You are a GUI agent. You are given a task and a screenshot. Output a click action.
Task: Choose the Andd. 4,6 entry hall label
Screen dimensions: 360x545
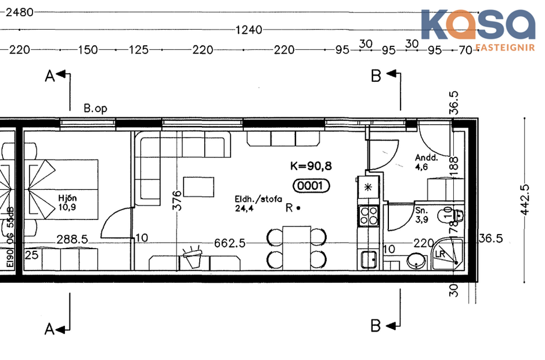coord(425,161)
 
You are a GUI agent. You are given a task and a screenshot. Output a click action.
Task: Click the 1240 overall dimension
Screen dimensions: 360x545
coord(249,30)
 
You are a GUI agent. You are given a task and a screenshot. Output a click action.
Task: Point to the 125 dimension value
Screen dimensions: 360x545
coord(139,51)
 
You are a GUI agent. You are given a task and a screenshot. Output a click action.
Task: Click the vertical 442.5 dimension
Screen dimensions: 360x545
coord(526,199)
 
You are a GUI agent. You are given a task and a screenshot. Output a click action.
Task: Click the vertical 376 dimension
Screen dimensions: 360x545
coord(178,200)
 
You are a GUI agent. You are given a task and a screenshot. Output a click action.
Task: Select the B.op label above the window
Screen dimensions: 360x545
coord(95,108)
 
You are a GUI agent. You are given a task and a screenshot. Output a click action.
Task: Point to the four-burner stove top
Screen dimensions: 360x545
coord(369,217)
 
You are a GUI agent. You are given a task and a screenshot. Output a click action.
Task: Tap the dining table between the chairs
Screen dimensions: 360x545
coord(297,246)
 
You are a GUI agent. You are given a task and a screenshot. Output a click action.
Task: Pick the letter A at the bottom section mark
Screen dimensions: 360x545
coord(50,329)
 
